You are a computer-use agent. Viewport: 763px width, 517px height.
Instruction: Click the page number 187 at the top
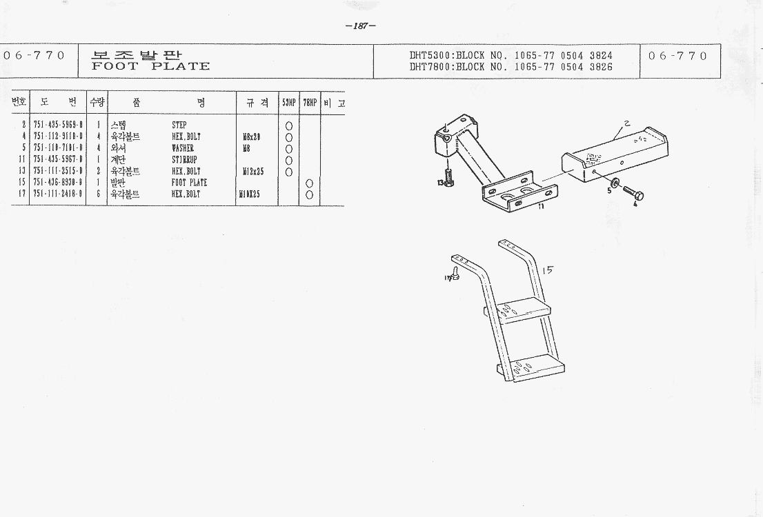click(360, 26)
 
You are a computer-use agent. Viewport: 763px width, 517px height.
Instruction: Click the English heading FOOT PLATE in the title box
click(150, 67)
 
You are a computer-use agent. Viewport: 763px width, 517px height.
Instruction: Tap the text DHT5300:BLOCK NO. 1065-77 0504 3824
click(511, 55)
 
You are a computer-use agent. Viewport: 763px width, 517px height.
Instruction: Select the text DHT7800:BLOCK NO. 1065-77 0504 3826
click(511, 67)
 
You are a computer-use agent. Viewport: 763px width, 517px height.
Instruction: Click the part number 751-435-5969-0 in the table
click(58, 125)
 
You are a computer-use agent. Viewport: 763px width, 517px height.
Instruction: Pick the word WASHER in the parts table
click(183, 148)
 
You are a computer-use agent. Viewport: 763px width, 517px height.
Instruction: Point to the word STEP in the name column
click(179, 125)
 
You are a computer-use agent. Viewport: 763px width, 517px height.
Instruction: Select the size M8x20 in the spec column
click(251, 137)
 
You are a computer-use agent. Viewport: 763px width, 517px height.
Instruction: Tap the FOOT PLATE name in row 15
click(189, 183)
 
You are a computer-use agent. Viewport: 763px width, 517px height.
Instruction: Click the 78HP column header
click(309, 103)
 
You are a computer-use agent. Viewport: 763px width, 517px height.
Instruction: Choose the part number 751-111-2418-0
click(58, 194)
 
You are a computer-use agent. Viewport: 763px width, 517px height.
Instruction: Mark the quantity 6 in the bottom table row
click(98, 194)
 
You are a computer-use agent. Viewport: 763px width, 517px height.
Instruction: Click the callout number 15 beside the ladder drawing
click(547, 271)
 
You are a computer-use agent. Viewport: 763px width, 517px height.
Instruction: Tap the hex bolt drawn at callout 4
click(633, 194)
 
